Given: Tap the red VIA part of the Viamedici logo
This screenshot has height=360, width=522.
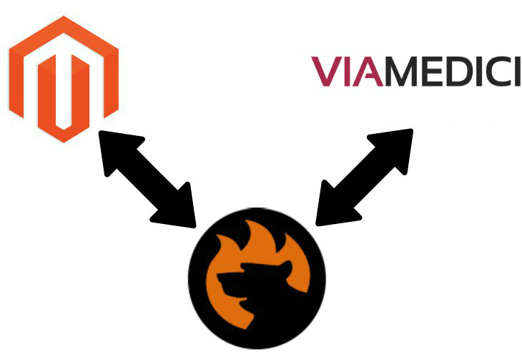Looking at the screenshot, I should pyautogui.click(x=347, y=72).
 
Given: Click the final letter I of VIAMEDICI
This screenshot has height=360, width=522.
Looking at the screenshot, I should pyautogui.click(x=516, y=72).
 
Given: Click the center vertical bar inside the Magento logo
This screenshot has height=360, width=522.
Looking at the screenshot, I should pyautogui.click(x=63, y=93).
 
